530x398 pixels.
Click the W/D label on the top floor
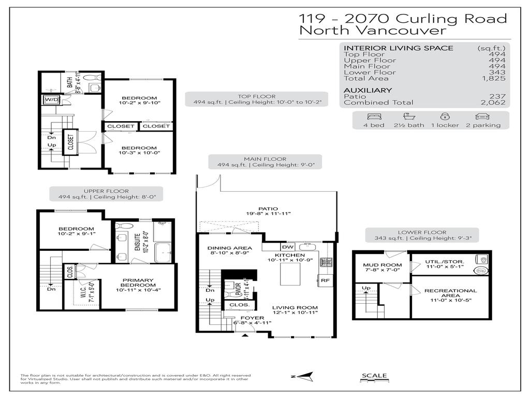[52, 99]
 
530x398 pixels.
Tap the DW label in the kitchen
[287, 247]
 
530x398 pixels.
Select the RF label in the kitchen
[325, 280]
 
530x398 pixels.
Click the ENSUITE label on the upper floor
[138, 241]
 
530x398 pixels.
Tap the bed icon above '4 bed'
[374, 117]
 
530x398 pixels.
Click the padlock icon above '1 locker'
[445, 117]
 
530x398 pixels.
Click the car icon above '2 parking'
[482, 117]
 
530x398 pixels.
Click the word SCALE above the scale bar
[374, 376]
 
